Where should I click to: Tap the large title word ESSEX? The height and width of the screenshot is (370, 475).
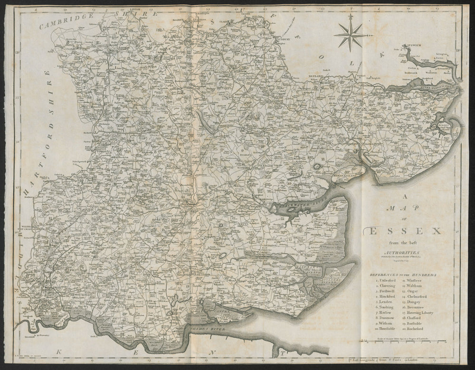click(x=403, y=231)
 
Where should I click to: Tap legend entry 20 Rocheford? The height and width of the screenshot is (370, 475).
click(x=417, y=329)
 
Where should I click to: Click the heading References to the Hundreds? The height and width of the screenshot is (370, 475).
click(x=404, y=275)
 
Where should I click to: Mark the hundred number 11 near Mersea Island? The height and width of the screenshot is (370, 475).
click(x=323, y=158)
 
